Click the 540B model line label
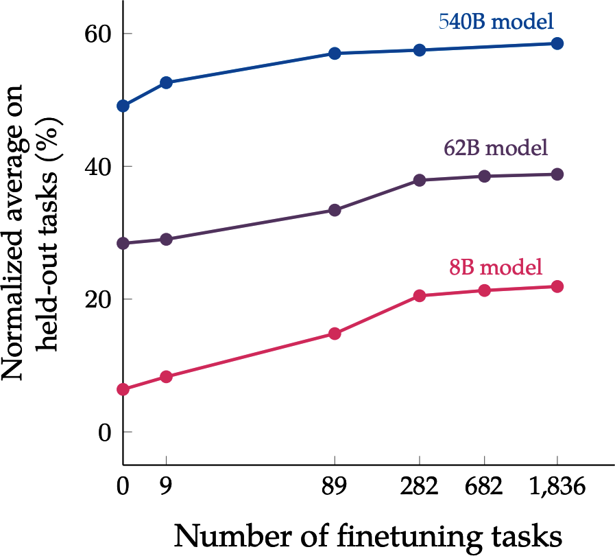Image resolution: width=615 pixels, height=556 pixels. click(x=496, y=21)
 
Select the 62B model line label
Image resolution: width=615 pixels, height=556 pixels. click(x=496, y=148)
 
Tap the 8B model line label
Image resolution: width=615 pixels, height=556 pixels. click(x=496, y=266)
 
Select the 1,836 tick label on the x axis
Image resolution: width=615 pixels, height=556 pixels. click(x=557, y=487)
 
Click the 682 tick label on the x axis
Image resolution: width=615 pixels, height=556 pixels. click(x=485, y=487)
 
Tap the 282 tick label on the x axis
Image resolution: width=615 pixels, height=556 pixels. click(x=419, y=487)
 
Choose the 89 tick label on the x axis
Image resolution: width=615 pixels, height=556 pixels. click(x=335, y=487)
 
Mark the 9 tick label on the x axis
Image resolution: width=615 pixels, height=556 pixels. click(x=166, y=487)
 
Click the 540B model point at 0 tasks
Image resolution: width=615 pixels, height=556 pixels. click(x=123, y=106)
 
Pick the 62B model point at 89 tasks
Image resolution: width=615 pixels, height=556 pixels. click(x=335, y=210)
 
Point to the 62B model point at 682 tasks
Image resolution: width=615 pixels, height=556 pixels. click(x=485, y=176)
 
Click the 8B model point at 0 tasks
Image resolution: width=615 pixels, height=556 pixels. click(x=123, y=389)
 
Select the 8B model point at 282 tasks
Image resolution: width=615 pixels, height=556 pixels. click(x=419, y=296)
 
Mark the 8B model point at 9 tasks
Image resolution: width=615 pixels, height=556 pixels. click(x=166, y=377)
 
